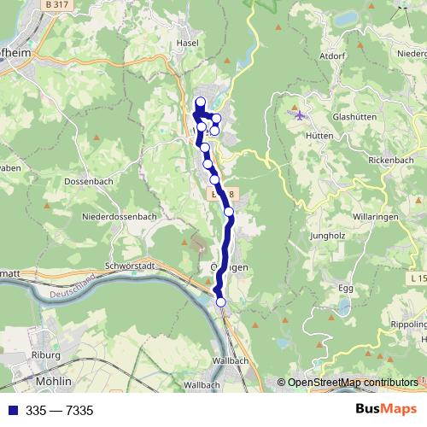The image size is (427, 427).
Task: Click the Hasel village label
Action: pyautogui.click(x=186, y=43)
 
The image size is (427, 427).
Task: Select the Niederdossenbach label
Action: pyautogui.click(x=119, y=217)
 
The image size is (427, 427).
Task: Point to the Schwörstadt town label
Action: pyautogui.click(x=133, y=266)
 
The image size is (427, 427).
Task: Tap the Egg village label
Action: pyautogui.click(x=345, y=289)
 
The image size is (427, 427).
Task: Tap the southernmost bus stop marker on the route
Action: pyautogui.click(x=221, y=301)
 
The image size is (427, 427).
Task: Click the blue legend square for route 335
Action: pyautogui.click(x=12, y=411)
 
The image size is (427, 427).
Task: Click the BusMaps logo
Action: pyautogui.click(x=386, y=410)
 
